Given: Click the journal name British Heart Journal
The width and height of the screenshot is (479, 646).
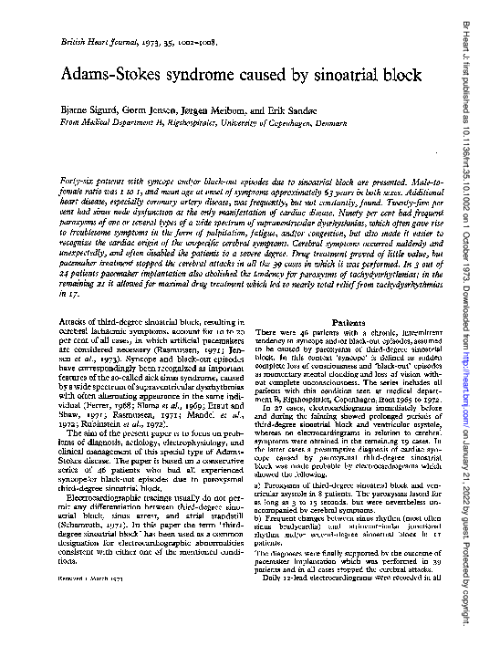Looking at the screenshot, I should click(88, 44).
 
